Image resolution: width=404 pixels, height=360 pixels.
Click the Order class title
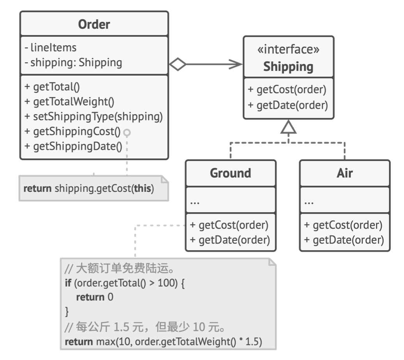(94, 25)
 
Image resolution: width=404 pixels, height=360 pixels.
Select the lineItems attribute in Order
(51, 48)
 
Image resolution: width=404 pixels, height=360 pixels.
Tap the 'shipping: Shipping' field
(73, 63)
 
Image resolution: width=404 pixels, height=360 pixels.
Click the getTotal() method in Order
(52, 87)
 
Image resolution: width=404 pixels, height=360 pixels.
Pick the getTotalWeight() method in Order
(69, 102)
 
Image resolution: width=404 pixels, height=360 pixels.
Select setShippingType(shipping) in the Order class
(94, 116)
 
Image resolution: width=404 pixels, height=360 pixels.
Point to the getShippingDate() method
(73, 146)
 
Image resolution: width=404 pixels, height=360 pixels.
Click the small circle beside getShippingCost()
(127, 132)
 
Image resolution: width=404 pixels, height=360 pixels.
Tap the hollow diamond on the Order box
(178, 64)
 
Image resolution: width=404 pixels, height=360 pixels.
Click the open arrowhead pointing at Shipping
(236, 64)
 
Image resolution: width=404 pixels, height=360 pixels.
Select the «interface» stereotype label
(289, 49)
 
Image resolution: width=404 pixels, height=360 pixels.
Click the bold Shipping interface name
(288, 67)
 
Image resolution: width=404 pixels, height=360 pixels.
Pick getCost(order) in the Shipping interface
(287, 90)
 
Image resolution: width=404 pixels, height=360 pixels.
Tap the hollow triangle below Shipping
(288, 127)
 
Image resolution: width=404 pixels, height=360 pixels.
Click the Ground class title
(230, 173)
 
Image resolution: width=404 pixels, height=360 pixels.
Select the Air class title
(345, 173)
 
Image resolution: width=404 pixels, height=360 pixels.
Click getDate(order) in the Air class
(344, 240)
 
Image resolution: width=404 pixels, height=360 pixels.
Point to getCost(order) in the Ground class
(229, 225)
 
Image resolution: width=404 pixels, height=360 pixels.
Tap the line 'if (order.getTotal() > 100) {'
(125, 283)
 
